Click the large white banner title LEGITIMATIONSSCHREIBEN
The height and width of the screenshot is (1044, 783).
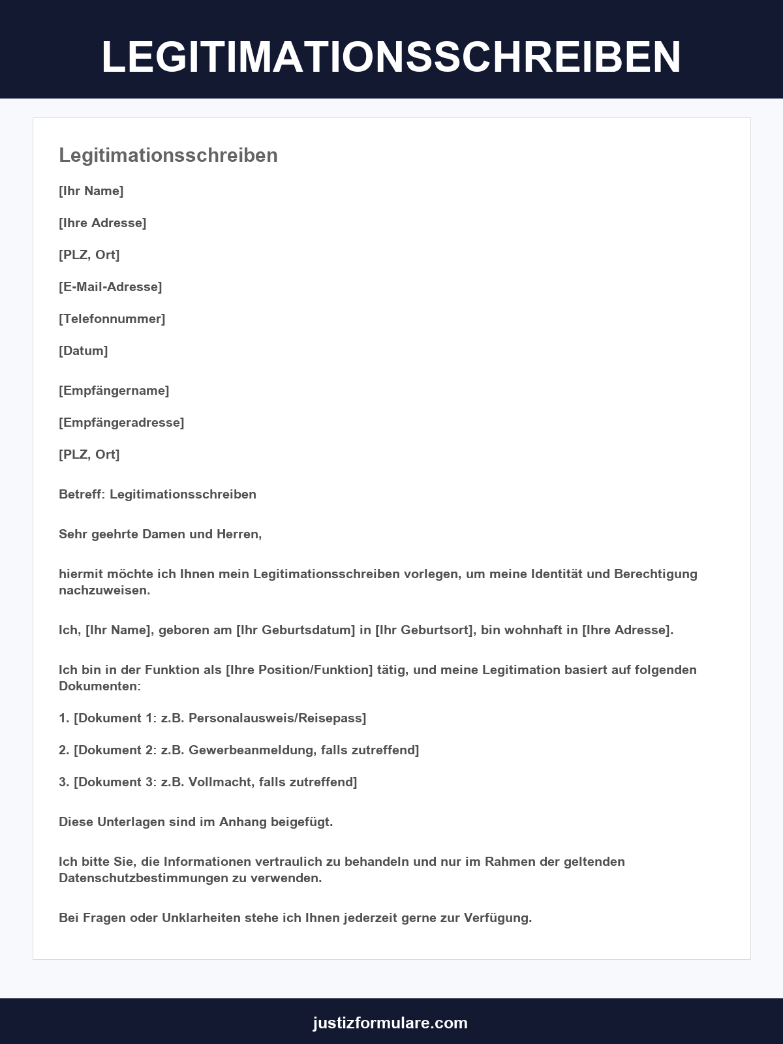pyautogui.click(x=391, y=57)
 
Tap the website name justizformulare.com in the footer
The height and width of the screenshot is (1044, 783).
pyautogui.click(x=390, y=1022)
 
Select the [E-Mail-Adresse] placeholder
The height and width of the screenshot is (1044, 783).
pyautogui.click(x=110, y=286)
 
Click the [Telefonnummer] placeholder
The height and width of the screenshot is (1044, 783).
pyautogui.click(x=112, y=318)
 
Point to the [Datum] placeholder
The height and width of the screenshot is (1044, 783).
pyautogui.click(x=84, y=350)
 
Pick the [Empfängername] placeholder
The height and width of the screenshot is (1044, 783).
pyautogui.click(x=114, y=390)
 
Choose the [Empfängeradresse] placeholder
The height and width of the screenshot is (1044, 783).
pyautogui.click(x=121, y=422)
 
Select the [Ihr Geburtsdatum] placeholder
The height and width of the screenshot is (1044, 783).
pyautogui.click(x=295, y=630)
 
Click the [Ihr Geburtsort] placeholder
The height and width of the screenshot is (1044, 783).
pyautogui.click(x=425, y=630)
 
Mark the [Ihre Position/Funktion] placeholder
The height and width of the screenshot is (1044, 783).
pyautogui.click(x=299, y=669)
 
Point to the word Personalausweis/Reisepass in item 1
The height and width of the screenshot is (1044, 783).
pyautogui.click(x=276, y=718)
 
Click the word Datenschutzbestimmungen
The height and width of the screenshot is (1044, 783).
pyautogui.click(x=144, y=878)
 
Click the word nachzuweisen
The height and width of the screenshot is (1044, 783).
pyautogui.click(x=104, y=590)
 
